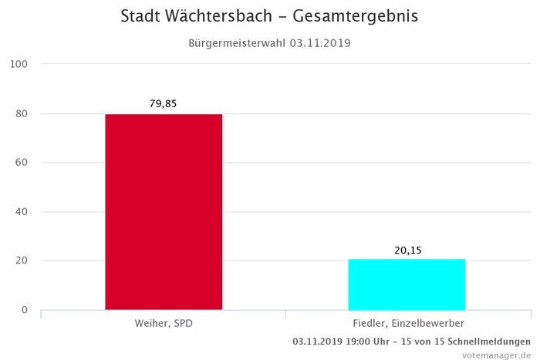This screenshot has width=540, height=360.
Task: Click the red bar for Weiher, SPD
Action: [x=164, y=212]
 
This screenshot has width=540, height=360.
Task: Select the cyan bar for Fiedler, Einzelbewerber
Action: [x=407, y=284]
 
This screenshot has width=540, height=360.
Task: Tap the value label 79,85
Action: [x=164, y=103]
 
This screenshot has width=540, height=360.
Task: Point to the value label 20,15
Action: [x=407, y=249]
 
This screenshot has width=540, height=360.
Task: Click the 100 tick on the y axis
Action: [x=19, y=64]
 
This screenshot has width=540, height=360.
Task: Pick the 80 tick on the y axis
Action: [x=22, y=113]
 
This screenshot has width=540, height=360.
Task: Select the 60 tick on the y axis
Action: [x=22, y=163]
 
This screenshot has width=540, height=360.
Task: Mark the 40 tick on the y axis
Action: [x=22, y=212]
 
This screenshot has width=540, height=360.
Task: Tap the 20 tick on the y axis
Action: [x=22, y=261]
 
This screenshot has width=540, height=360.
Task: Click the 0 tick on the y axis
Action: [x=25, y=310]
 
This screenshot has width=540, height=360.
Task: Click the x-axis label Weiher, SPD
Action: [x=164, y=323]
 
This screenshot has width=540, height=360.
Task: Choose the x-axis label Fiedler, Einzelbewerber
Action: [x=408, y=323]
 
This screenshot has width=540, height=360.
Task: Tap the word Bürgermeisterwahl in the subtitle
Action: [x=238, y=43]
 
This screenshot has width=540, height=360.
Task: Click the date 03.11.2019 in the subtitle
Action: [x=320, y=43]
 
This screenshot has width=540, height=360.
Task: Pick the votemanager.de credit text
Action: [x=496, y=355]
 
